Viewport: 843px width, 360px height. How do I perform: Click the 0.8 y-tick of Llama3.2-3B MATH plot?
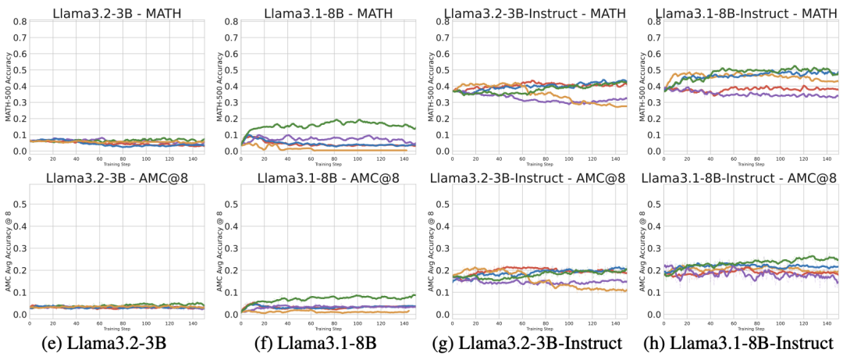19,21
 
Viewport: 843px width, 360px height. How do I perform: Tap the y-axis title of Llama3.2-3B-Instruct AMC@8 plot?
431,250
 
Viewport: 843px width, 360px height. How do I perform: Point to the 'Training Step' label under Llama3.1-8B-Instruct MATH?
751,165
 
